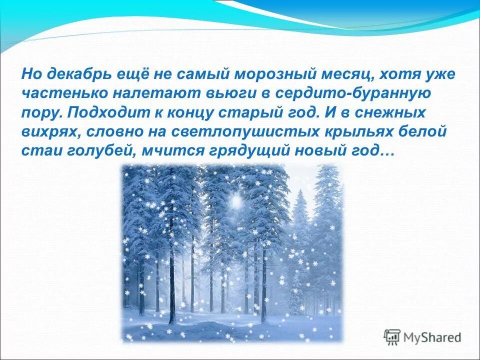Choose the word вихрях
51,132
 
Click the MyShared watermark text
433,337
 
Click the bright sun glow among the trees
235,201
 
